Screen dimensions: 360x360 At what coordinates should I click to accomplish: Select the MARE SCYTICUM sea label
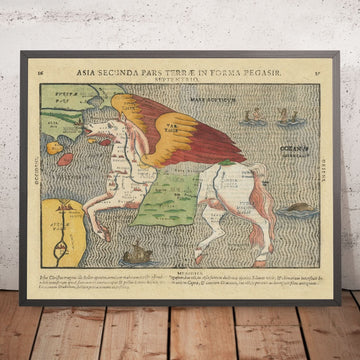point(244,101)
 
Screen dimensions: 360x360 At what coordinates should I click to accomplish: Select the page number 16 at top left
point(40,73)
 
